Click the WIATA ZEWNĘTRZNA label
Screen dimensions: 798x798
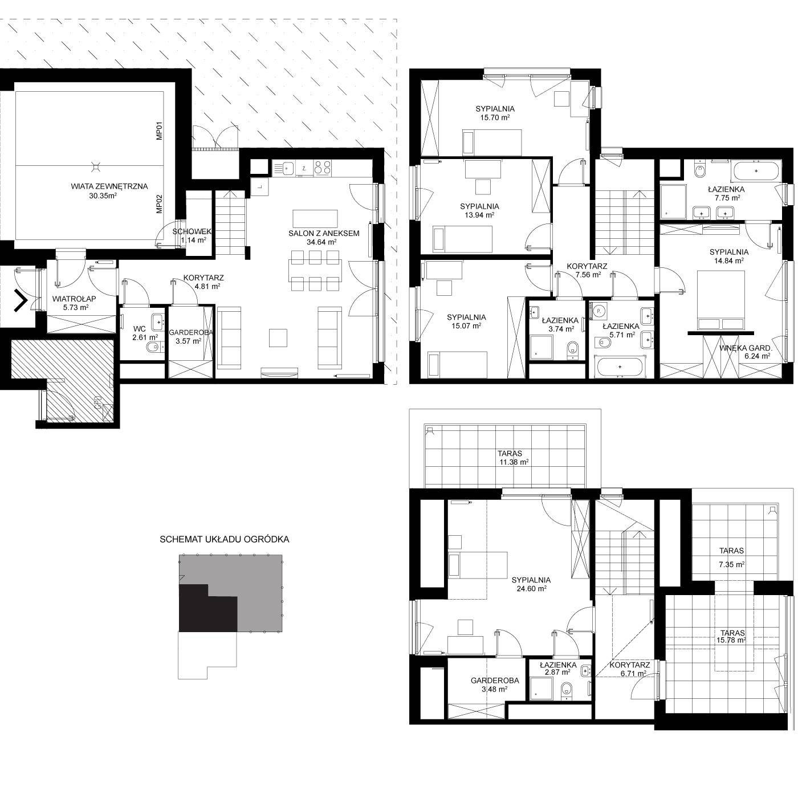point(109,186)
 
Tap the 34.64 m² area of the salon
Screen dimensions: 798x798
point(321,242)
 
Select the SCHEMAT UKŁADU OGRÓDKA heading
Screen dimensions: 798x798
point(225,539)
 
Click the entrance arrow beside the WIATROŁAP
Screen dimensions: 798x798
point(21,301)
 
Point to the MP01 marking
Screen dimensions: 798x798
point(160,131)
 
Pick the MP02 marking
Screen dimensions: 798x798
point(160,205)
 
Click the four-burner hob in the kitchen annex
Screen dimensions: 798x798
point(323,168)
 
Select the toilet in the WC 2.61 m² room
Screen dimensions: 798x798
point(153,347)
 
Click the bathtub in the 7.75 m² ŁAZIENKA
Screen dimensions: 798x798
point(756,171)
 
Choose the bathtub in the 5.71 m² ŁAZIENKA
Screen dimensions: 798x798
point(620,367)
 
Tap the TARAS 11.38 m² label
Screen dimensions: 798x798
point(512,458)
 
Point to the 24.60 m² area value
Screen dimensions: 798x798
point(531,588)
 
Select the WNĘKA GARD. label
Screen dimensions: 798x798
point(746,348)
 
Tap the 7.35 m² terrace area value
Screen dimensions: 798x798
point(732,564)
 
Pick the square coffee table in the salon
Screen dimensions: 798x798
point(278,337)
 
